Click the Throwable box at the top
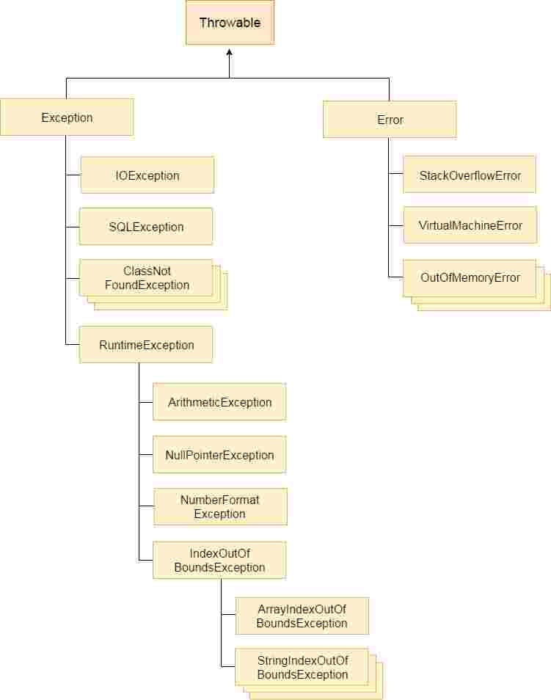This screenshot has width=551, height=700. point(230,23)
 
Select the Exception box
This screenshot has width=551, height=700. point(67,117)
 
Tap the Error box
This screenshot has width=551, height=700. point(390,120)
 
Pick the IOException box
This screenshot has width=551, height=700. point(147,175)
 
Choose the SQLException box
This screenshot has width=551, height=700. point(146,227)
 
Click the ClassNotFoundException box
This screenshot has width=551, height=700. point(146,278)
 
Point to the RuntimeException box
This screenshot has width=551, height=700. point(146,345)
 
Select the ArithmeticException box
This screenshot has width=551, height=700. point(219,402)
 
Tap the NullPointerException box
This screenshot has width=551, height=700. point(219,455)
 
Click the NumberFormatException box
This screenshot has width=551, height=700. point(220,507)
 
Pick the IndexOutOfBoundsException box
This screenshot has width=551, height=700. point(219,561)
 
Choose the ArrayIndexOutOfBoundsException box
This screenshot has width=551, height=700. point(302,616)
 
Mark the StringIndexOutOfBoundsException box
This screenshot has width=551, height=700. point(302,667)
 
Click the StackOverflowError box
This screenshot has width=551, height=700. point(470,175)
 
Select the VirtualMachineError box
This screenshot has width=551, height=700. point(470,225)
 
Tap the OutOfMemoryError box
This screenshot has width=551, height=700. point(470,278)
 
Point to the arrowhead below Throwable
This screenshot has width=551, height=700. point(230,54)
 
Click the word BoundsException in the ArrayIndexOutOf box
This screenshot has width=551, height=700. point(302,624)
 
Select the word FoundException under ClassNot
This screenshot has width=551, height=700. point(147,285)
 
